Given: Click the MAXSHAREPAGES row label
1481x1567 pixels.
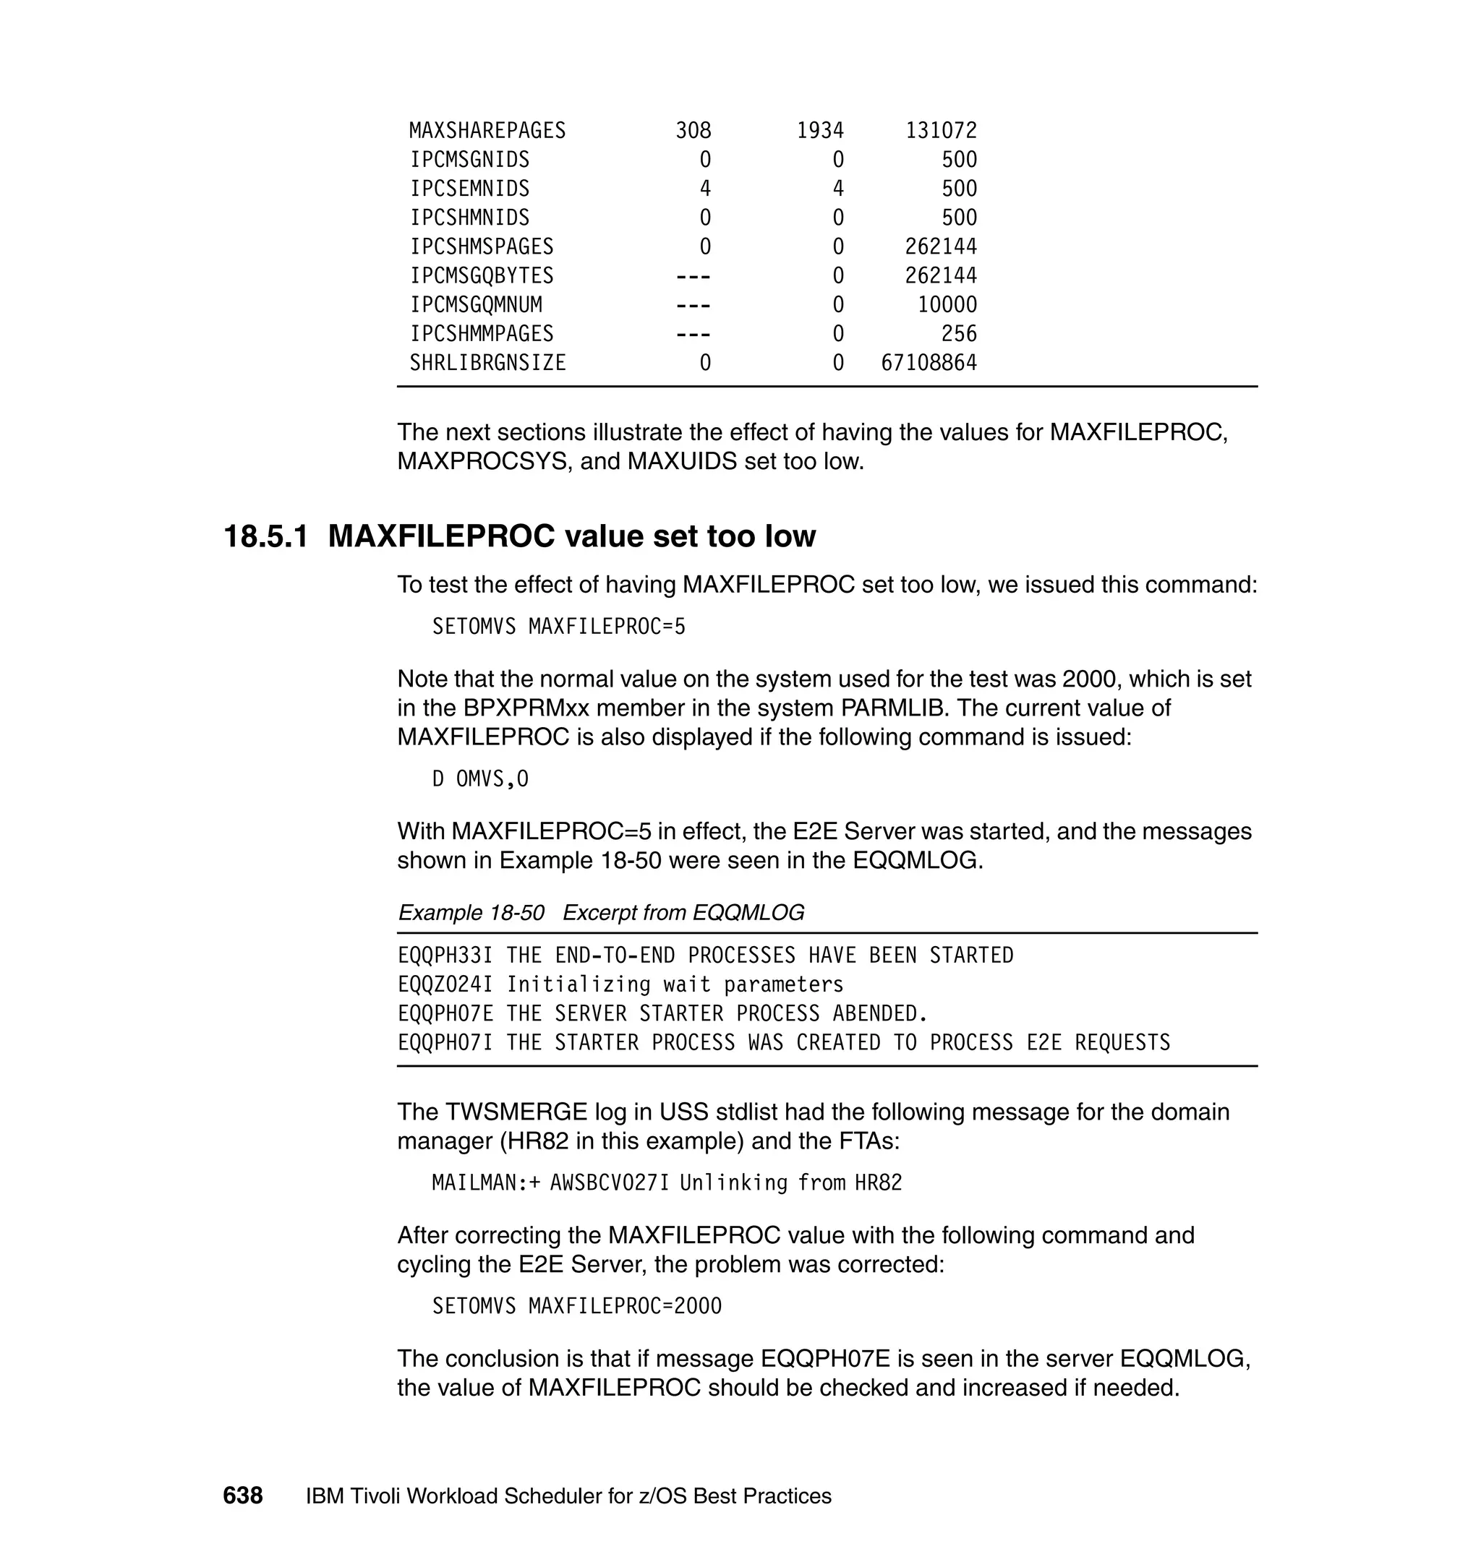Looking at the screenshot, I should click(x=487, y=130).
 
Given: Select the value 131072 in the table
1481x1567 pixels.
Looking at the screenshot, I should click(x=941, y=130).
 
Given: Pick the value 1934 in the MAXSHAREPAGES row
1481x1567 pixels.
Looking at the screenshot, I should click(x=819, y=130).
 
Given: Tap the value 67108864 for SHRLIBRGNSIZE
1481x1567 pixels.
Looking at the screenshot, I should click(x=929, y=363).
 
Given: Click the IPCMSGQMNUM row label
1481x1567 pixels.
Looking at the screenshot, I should click(x=475, y=304).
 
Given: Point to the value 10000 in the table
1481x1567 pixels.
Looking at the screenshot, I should click(x=947, y=304).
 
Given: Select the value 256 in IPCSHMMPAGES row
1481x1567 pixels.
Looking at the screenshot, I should click(x=958, y=334).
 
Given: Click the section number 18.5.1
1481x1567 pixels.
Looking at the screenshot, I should click(x=266, y=536).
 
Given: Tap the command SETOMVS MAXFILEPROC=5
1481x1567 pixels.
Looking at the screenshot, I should click(x=558, y=627).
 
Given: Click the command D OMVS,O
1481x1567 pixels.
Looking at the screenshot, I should click(x=480, y=778).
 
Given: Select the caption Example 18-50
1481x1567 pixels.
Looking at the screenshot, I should click(x=471, y=913).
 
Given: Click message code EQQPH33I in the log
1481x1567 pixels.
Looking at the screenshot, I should click(x=445, y=956).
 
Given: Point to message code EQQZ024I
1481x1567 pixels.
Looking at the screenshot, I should click(x=445, y=984).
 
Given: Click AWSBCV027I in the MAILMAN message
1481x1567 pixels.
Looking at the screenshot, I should click(x=609, y=1182).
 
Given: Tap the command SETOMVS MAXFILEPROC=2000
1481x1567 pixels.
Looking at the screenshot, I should click(x=576, y=1306).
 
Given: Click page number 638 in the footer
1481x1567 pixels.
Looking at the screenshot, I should click(x=242, y=1496).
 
